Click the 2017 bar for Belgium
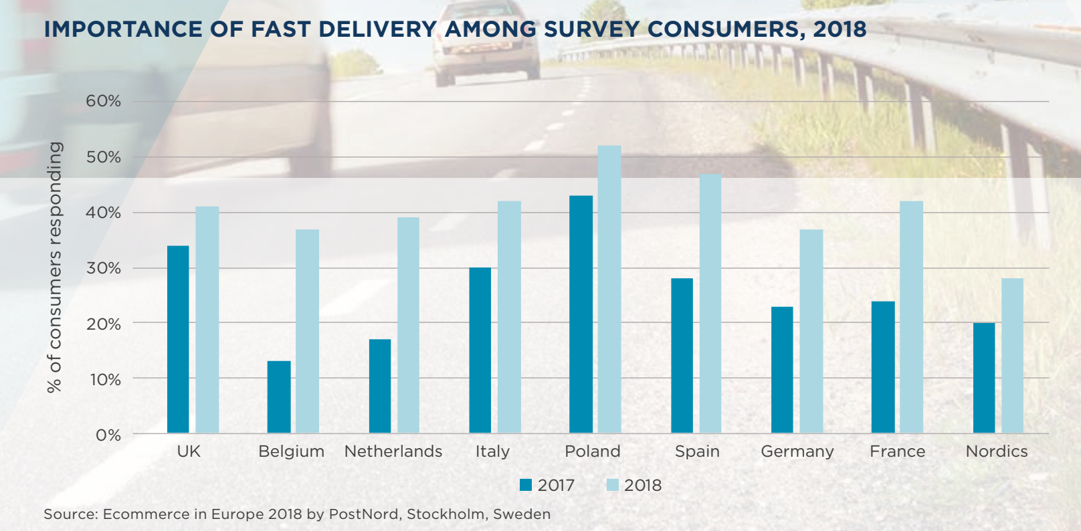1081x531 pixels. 279,397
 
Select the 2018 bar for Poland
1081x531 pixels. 609,289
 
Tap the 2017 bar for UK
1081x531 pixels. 178,339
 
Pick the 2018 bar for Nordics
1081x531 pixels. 1012,356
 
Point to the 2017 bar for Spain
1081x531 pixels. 682,356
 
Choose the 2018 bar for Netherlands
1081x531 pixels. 408,325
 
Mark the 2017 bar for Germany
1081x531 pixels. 782,370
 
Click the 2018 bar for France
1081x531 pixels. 911,317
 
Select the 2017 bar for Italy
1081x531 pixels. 480,350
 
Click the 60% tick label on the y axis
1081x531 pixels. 103,102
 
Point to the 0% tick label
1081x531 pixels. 108,435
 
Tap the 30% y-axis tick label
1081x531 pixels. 103,268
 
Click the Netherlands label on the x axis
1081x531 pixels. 393,451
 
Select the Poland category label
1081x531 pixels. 593,451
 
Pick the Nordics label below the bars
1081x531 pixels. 996,451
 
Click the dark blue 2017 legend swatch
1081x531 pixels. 526,485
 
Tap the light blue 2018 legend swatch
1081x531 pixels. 613,485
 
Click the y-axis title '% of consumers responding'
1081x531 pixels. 54,268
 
